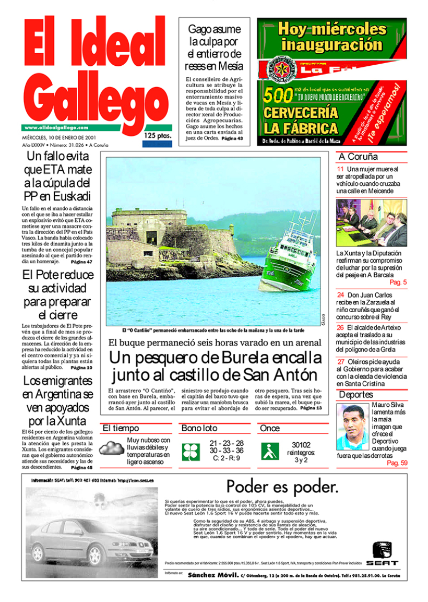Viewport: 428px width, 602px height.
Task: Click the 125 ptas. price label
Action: click(x=157, y=136)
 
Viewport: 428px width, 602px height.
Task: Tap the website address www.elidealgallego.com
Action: click(x=56, y=127)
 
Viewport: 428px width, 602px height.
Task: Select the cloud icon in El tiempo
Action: click(x=111, y=448)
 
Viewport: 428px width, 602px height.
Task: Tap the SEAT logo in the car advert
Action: click(x=382, y=553)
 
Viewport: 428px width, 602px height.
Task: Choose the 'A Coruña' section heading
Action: click(x=358, y=157)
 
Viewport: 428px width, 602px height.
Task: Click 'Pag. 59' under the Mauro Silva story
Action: click(x=397, y=463)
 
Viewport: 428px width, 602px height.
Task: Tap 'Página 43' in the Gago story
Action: click(x=232, y=139)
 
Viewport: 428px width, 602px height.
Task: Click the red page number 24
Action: click(x=340, y=295)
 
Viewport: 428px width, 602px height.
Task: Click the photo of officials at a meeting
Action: click(x=371, y=223)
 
